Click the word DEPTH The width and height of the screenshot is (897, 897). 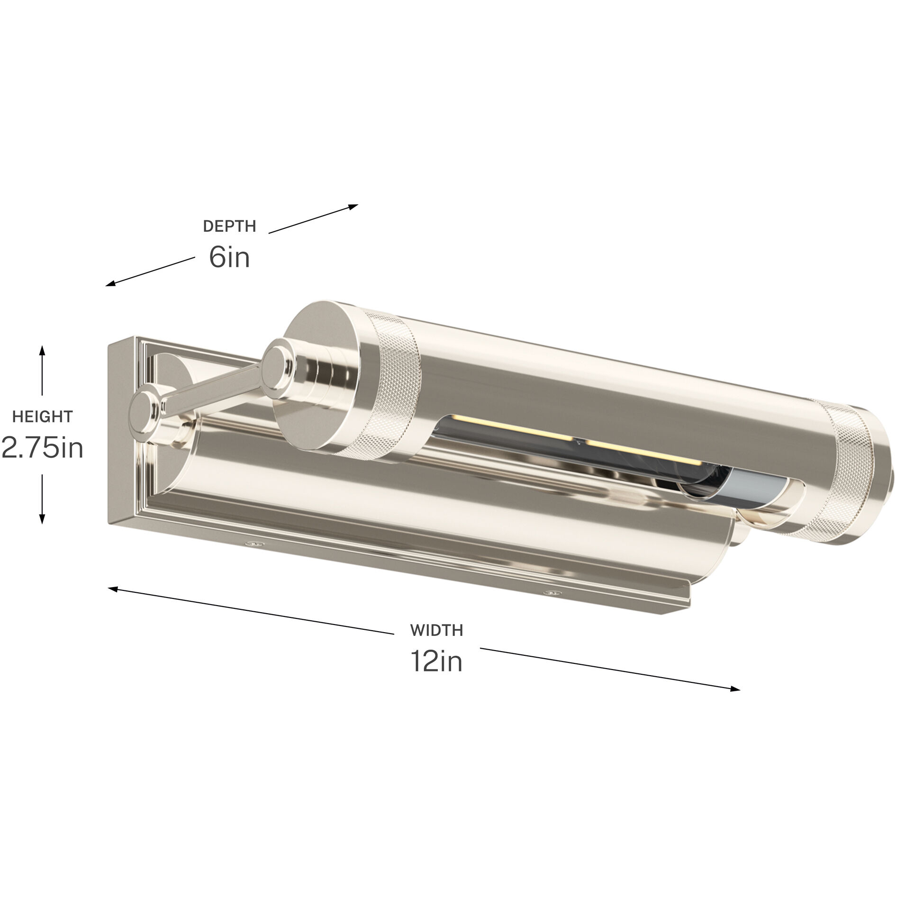click(x=229, y=227)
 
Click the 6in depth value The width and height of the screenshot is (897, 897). click(x=229, y=258)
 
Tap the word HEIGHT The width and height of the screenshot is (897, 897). click(x=42, y=417)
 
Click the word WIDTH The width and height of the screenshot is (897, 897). click(x=436, y=630)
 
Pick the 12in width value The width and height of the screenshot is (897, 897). click(x=436, y=661)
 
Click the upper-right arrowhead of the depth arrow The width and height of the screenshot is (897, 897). click(x=354, y=206)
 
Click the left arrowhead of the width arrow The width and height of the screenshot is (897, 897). click(x=113, y=589)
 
